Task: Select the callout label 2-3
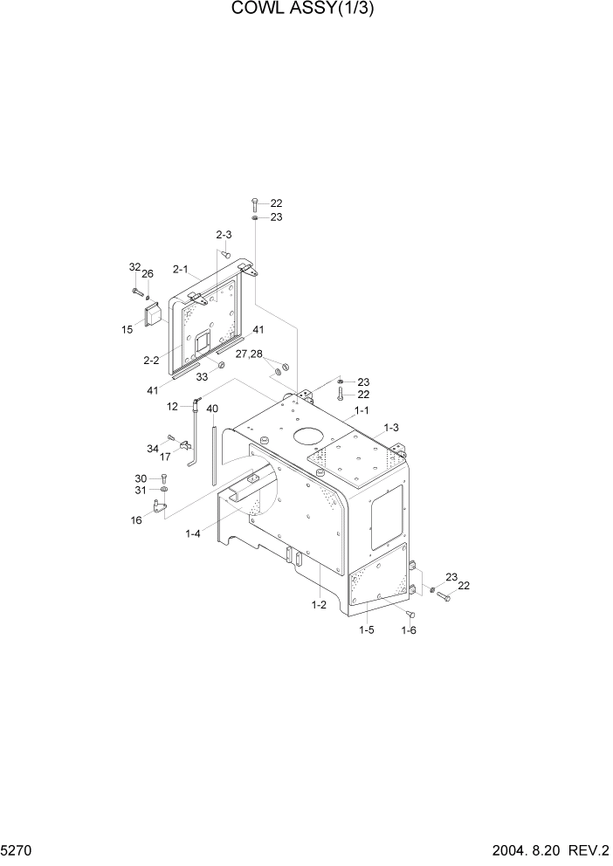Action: (224, 235)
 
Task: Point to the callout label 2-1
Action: (181, 269)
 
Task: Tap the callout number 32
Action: (134, 267)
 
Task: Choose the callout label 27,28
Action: (248, 354)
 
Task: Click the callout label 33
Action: (202, 377)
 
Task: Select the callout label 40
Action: (212, 409)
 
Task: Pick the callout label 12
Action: (173, 406)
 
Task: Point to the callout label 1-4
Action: (194, 533)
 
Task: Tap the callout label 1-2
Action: (318, 604)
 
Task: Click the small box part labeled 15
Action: (156, 313)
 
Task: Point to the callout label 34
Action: (153, 448)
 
